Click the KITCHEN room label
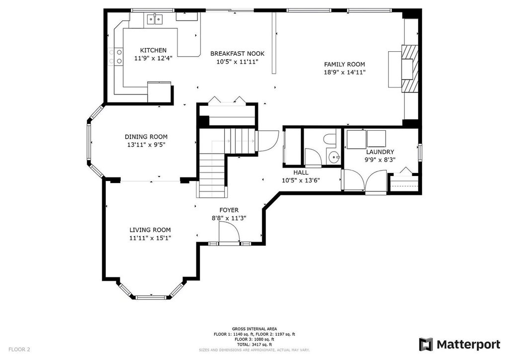(153, 50)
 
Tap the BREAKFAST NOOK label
(237, 54)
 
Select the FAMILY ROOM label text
(344, 64)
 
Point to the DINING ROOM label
(146, 137)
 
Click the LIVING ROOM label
(150, 230)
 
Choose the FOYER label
(229, 210)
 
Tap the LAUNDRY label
(380, 152)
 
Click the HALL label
(301, 173)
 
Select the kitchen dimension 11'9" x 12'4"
(153, 59)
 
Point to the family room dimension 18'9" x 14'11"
(344, 73)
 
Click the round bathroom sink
(334, 158)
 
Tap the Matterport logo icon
(425, 345)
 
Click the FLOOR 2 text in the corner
(19, 350)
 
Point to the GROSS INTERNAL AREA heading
(254, 329)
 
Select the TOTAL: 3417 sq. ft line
(254, 345)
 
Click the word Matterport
(468, 345)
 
